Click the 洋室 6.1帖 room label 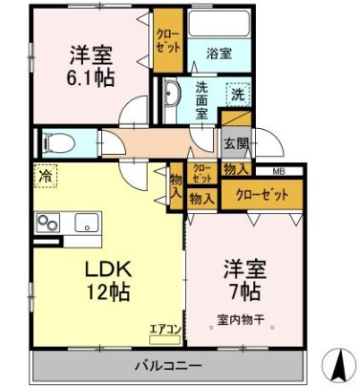click(90, 66)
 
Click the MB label click(278, 172)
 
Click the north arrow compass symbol click(338, 363)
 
